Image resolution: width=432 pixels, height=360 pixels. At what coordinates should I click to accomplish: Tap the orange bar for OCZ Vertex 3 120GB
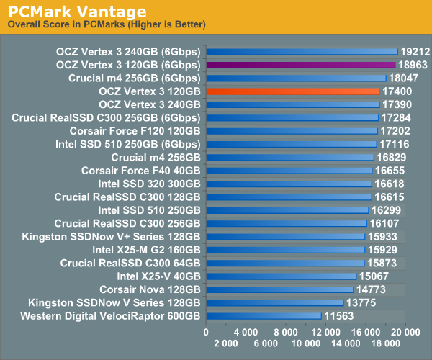click(x=292, y=91)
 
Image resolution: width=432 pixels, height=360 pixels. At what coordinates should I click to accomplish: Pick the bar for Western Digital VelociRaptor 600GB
click(x=264, y=315)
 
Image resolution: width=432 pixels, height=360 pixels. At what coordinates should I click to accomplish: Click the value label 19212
click(x=415, y=52)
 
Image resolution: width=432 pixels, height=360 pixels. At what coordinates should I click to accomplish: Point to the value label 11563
click(x=338, y=315)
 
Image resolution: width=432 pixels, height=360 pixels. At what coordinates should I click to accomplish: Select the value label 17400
click(x=397, y=91)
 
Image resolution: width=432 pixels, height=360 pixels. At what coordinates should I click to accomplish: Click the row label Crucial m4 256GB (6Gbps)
click(x=135, y=78)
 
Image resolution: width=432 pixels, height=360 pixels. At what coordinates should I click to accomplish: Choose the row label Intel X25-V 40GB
click(x=159, y=276)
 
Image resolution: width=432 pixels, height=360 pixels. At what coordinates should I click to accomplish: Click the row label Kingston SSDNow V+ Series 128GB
click(x=112, y=236)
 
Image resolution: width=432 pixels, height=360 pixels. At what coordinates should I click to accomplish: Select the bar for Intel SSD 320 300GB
click(x=289, y=184)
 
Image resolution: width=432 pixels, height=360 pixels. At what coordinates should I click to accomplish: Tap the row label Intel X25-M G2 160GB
click(x=147, y=249)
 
